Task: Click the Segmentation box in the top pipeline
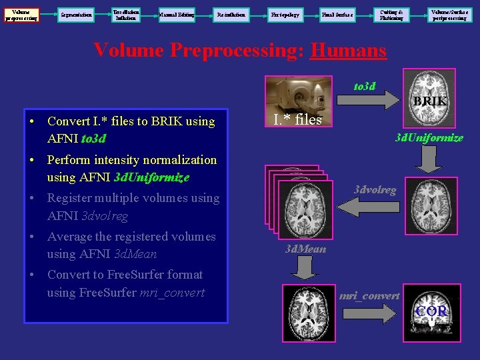tap(75, 14)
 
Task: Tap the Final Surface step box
tap(337, 14)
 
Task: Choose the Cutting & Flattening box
tap(391, 14)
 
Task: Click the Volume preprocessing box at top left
tap(21, 14)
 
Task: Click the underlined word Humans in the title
tap(348, 51)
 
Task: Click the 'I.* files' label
tap(297, 120)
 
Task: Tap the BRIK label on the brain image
tap(429, 101)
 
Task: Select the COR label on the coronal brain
tap(431, 311)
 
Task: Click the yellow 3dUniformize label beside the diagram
tap(429, 138)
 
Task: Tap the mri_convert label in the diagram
tap(369, 295)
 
